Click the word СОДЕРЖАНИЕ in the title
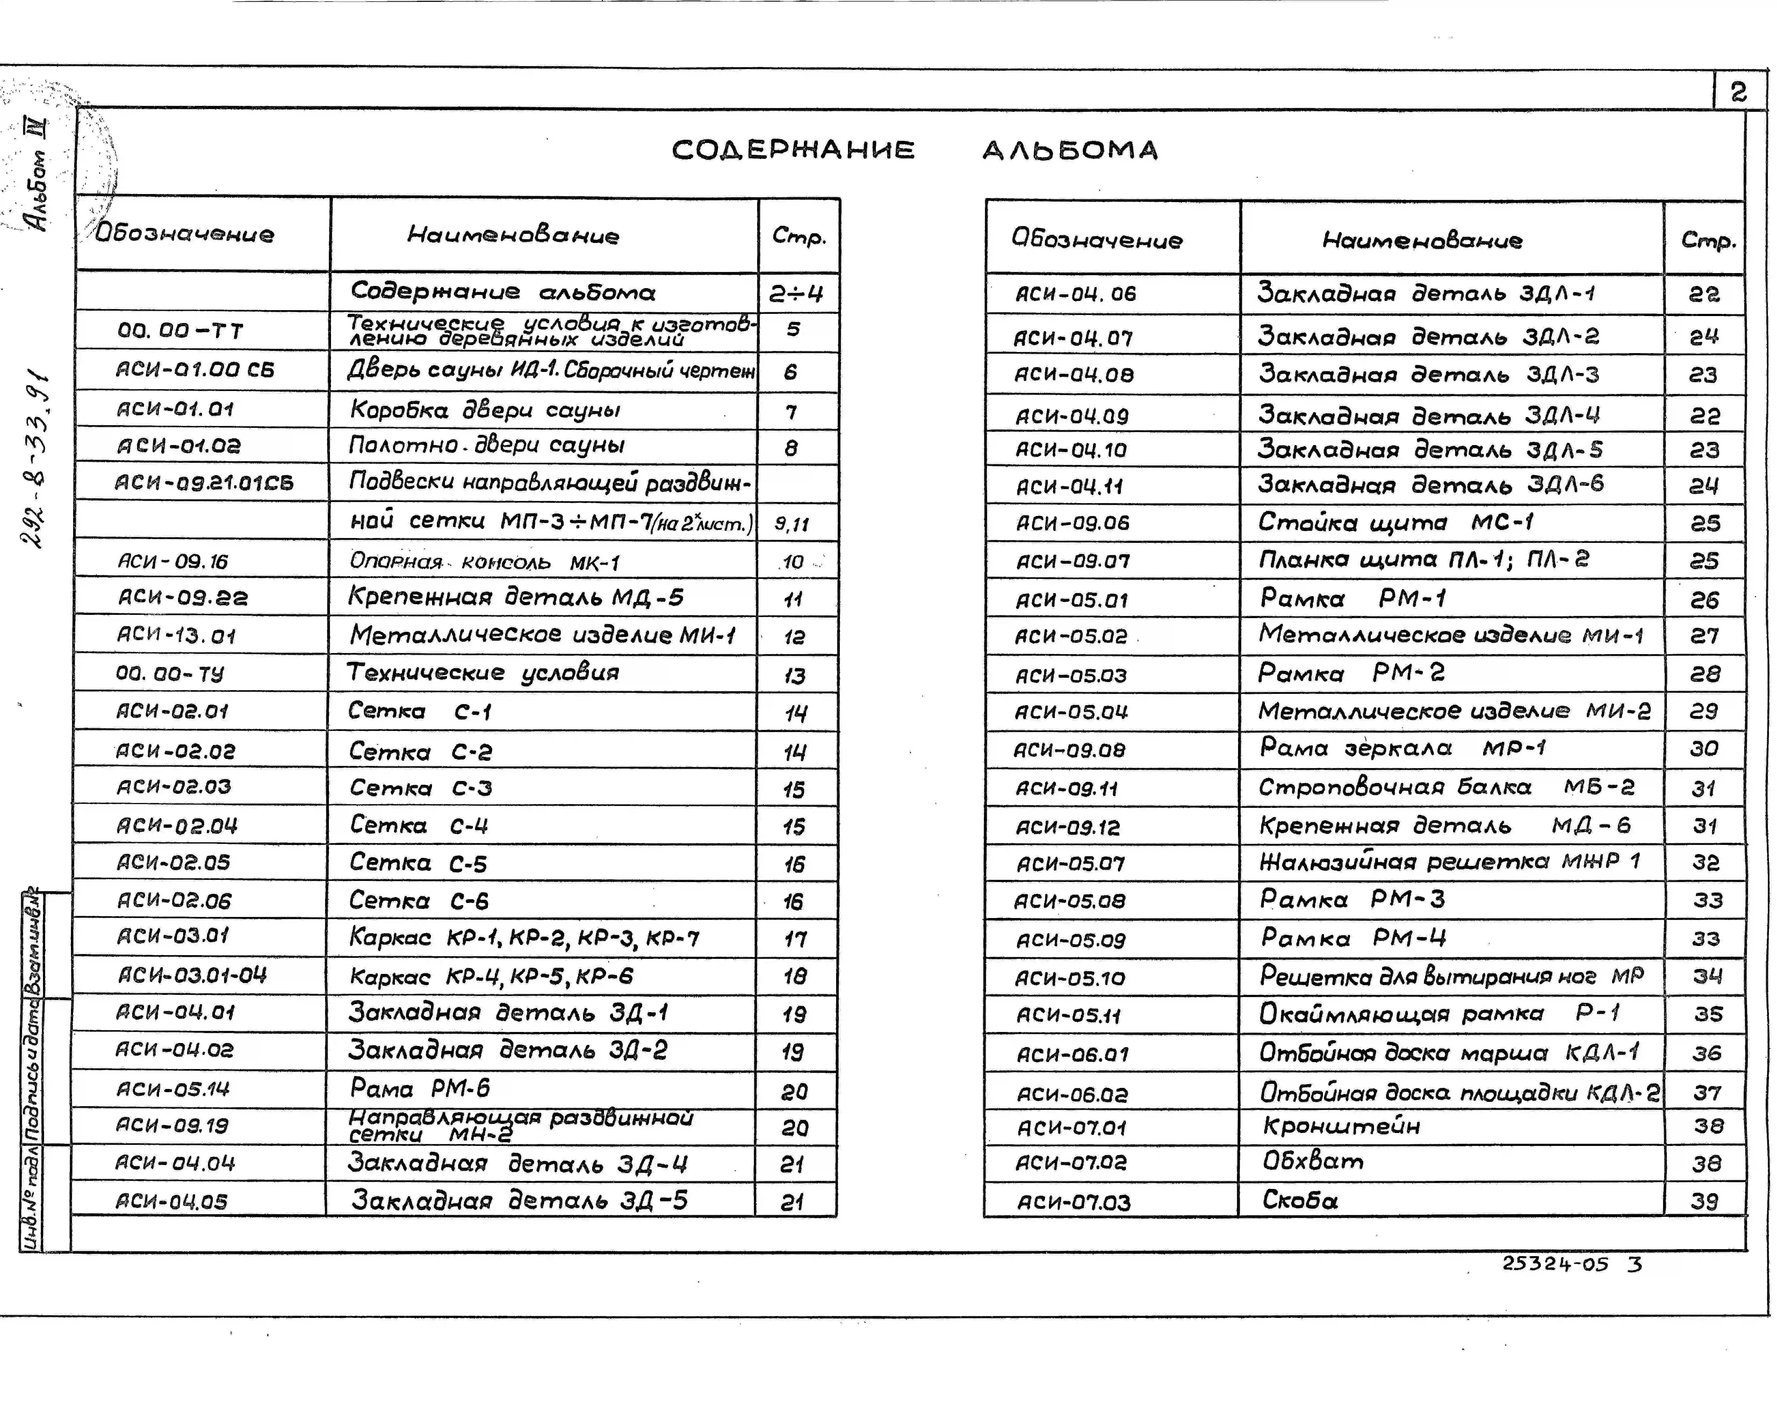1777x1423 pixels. point(793,150)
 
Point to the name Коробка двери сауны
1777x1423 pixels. point(485,410)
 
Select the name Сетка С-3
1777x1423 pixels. point(420,788)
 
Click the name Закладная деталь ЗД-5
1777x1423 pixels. point(519,1200)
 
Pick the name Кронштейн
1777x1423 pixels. point(1341,1126)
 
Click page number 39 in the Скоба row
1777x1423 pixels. point(1704,1201)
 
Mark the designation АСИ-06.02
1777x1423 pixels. point(1071,1094)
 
